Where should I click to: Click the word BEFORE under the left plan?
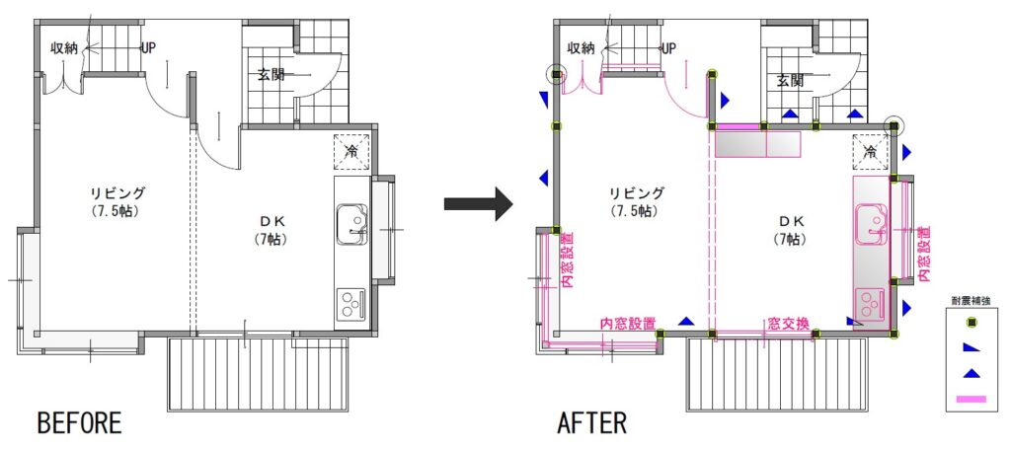(79, 423)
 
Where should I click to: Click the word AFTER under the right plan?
(591, 423)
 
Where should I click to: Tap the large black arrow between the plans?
(479, 204)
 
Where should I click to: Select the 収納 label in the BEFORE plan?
(64, 48)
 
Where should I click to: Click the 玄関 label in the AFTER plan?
(789, 81)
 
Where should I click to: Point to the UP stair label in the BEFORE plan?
(148, 47)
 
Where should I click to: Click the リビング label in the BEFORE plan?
(117, 192)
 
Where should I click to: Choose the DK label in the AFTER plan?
(791, 222)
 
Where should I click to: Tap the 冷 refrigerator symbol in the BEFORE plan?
(351, 152)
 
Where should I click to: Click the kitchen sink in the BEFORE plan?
(352, 224)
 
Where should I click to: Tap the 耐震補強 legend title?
(968, 300)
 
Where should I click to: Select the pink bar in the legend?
(970, 400)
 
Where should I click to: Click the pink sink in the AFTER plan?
(871, 224)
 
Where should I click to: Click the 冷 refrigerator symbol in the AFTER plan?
(870, 152)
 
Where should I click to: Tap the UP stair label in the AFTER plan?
(668, 47)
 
